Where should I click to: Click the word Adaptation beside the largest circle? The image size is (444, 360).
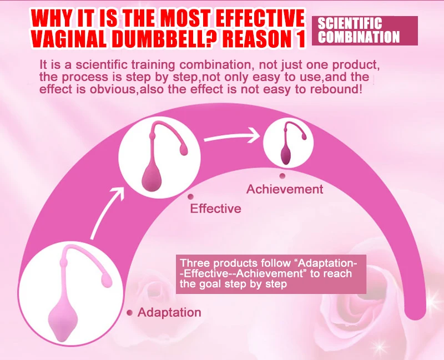point(169,312)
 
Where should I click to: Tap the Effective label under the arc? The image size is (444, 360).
point(215,209)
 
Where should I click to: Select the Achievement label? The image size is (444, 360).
point(285,189)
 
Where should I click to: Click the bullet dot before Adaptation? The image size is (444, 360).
point(130,313)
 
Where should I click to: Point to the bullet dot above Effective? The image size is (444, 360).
point(190,197)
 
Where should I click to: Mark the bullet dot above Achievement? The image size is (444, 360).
point(282,176)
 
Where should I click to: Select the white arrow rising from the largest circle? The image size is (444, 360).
point(108,214)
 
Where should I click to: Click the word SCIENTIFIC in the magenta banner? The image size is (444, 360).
point(350,23)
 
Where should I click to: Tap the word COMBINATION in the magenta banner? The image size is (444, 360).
point(359,37)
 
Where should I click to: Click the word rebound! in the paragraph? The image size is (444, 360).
point(336,89)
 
